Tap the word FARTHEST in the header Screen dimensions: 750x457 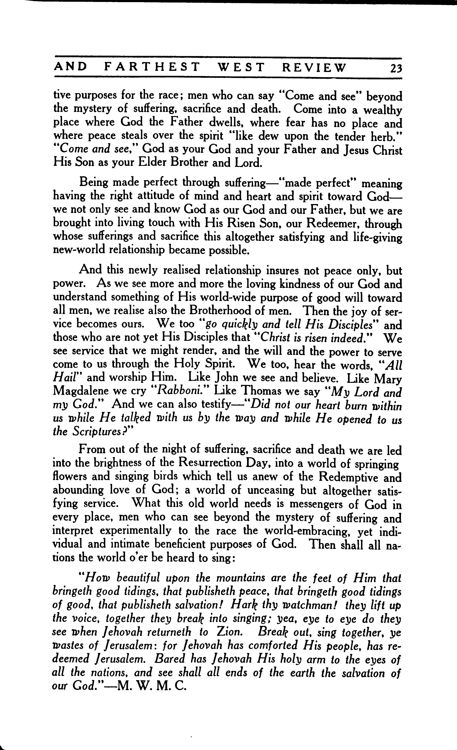(152, 67)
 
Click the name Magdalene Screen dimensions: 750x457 (80, 391)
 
